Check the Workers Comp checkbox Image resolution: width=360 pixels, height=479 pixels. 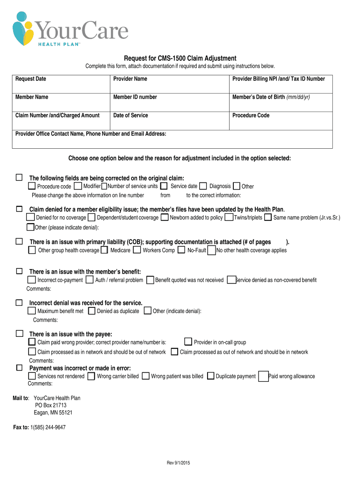tap(137, 250)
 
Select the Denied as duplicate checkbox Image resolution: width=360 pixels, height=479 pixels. tap(92, 311)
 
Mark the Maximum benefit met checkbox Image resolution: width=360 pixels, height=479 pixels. tap(32, 311)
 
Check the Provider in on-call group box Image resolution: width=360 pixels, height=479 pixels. tap(188, 342)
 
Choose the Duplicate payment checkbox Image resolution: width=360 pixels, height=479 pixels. tap(210, 376)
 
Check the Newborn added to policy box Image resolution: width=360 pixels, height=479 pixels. tap(165, 218)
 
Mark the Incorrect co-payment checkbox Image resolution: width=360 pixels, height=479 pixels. tap(32, 280)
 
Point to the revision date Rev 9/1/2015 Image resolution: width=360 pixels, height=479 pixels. tap(179, 463)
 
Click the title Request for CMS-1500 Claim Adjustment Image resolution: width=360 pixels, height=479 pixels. tap(180, 58)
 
